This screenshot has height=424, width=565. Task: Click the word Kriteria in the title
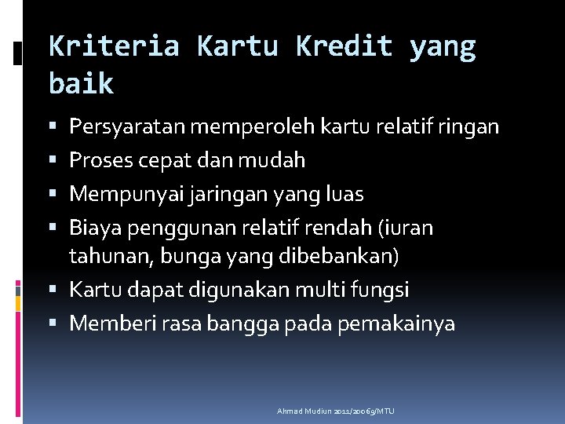(x=114, y=46)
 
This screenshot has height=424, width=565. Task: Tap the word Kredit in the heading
(x=344, y=46)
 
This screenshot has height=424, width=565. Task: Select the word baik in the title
(x=81, y=83)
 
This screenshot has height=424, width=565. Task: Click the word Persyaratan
(x=127, y=127)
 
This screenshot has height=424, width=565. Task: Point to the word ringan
(x=468, y=127)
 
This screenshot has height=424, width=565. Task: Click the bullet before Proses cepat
(x=53, y=159)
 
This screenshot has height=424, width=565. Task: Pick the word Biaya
(x=95, y=228)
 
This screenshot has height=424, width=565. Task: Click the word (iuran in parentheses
(x=406, y=228)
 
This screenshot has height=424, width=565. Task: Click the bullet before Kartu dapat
(x=53, y=288)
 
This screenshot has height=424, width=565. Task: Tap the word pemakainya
(x=396, y=324)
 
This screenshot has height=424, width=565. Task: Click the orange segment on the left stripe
(x=18, y=304)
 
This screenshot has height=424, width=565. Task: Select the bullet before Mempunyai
(x=53, y=193)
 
